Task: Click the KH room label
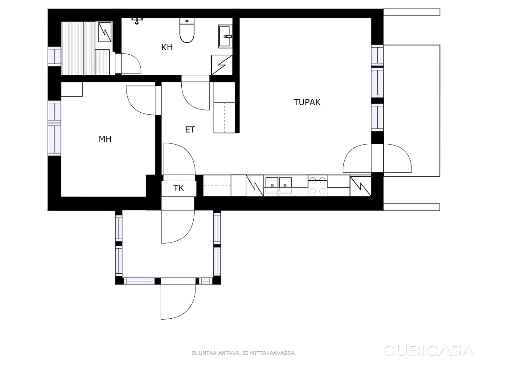coord(167,47)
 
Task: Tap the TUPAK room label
coord(307,102)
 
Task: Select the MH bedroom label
coord(105,139)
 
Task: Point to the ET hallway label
coord(190,130)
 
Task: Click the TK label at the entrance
coord(179,188)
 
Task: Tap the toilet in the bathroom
coord(187,30)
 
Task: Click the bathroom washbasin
coord(225,36)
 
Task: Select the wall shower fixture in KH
coord(137,20)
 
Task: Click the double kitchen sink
coord(278,186)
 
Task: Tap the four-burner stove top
coord(318,186)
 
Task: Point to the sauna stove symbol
coord(106,32)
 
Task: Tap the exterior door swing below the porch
coord(178,301)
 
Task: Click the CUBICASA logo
coord(428,350)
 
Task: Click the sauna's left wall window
coord(54,57)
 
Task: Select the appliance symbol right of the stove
coord(360,186)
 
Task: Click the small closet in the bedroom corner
coord(72,89)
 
